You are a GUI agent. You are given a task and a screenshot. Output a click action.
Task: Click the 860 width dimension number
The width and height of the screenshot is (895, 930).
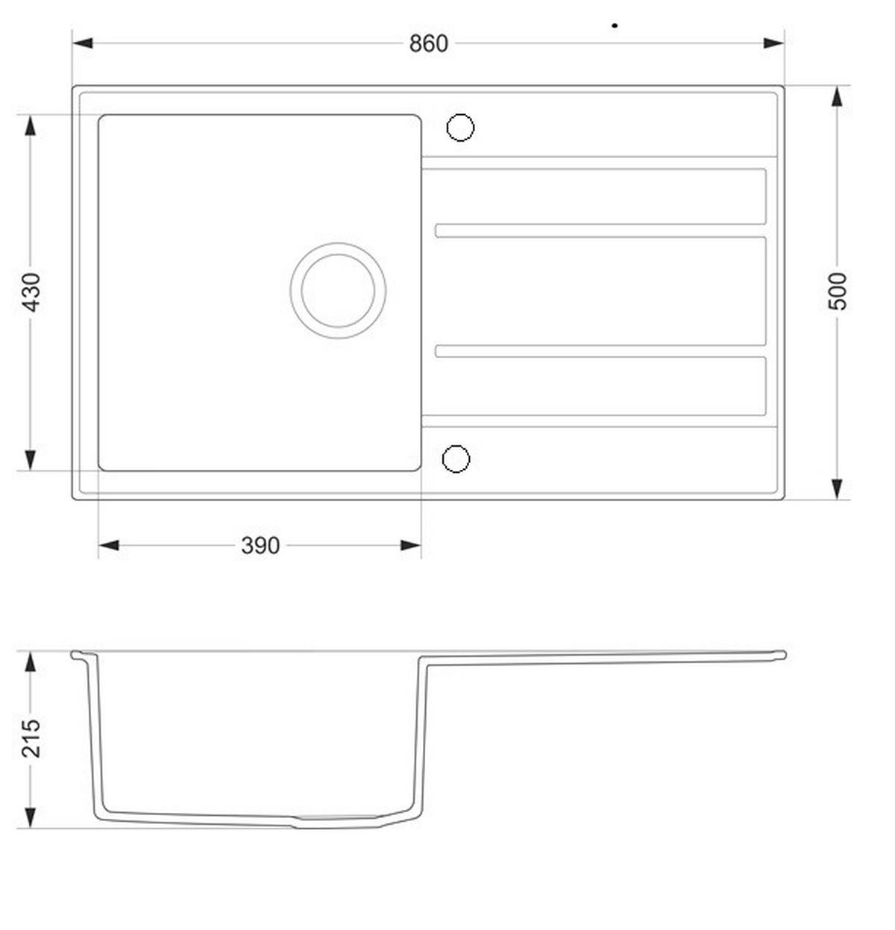click(428, 44)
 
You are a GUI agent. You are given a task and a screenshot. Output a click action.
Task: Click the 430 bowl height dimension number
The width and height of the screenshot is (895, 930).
click(31, 292)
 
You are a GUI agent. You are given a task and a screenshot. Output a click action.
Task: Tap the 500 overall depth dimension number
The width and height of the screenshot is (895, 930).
click(838, 292)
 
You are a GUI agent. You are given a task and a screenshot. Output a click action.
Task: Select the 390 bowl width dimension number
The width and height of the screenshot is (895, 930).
click(260, 546)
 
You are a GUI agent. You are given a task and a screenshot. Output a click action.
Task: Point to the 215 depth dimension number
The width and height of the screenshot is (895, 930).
click(31, 738)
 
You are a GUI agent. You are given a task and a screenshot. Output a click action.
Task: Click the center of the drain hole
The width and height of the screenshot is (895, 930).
click(338, 290)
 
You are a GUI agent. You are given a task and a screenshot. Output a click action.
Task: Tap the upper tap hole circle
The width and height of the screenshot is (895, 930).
click(460, 128)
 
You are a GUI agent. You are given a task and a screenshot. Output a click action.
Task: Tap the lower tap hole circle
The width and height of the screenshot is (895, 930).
click(456, 459)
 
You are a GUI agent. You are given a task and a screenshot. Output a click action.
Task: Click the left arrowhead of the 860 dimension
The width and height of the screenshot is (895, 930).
click(83, 43)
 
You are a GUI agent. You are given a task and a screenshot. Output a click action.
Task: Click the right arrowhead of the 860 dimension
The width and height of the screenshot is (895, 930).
click(774, 43)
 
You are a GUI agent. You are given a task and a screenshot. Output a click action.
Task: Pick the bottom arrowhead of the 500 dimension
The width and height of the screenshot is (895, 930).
click(838, 488)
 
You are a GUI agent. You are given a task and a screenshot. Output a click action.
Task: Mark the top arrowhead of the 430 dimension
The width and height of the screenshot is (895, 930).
click(31, 125)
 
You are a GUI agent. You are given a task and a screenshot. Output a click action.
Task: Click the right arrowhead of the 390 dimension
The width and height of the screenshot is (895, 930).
click(411, 545)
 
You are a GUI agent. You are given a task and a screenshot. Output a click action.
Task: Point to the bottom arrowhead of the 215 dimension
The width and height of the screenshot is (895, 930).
click(31, 817)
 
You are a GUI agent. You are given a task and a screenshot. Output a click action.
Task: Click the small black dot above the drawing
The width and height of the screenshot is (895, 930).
click(615, 25)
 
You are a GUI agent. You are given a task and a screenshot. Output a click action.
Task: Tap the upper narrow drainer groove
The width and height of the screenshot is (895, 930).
click(600, 230)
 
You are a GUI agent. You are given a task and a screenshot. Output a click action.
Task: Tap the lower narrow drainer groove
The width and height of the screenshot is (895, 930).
click(600, 351)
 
